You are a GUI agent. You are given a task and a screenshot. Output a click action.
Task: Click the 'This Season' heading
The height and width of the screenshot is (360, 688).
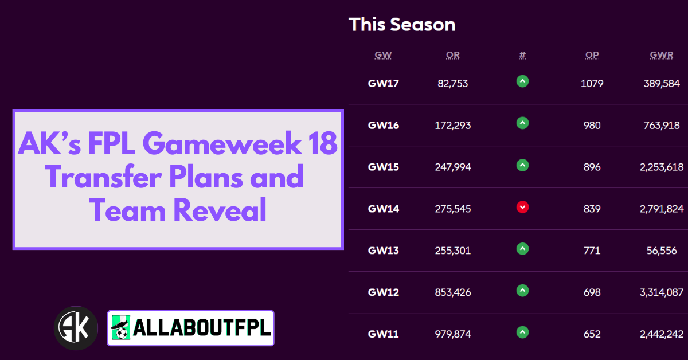pyautogui.click(x=402, y=24)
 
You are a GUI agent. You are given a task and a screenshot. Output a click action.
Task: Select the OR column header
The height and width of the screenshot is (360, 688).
pyautogui.click(x=453, y=54)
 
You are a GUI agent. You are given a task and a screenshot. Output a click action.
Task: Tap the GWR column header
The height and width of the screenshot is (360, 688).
pyautogui.click(x=661, y=54)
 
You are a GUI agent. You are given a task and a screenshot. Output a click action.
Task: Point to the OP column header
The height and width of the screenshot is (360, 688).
pyautogui.click(x=592, y=54)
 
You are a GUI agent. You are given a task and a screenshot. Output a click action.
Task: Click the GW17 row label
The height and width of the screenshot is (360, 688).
pyautogui.click(x=384, y=83)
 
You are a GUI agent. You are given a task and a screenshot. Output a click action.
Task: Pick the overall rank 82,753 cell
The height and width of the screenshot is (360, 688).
pyautogui.click(x=453, y=84)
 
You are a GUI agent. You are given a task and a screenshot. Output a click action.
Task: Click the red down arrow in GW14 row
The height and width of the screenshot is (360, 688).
pyautogui.click(x=522, y=207)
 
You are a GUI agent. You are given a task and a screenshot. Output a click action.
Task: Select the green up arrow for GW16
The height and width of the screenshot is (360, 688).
pyautogui.click(x=522, y=123)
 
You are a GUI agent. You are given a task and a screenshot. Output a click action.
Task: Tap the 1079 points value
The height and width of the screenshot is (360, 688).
pyautogui.click(x=592, y=84)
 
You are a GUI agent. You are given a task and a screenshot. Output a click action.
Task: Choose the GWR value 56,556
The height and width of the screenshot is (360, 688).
pyautogui.click(x=662, y=251)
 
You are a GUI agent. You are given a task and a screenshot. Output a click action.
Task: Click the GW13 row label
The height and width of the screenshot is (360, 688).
pyautogui.click(x=384, y=251)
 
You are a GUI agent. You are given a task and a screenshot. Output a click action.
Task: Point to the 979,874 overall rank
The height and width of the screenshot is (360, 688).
pyautogui.click(x=453, y=334)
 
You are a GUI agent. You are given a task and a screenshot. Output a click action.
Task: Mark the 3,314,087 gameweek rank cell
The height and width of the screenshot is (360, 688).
pyautogui.click(x=662, y=292)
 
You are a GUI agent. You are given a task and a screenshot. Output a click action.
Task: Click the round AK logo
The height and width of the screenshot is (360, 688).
pyautogui.click(x=76, y=328)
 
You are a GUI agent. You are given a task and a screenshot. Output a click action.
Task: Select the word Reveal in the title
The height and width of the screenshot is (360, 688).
pyautogui.click(x=220, y=210)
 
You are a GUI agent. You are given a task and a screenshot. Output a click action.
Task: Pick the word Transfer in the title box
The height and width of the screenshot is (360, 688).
pyautogui.click(x=103, y=177)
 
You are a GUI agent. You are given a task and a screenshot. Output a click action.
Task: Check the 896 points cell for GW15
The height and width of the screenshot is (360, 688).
pyautogui.click(x=592, y=167)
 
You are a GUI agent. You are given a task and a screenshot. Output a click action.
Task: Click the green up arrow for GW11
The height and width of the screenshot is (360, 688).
pyautogui.click(x=522, y=332)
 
